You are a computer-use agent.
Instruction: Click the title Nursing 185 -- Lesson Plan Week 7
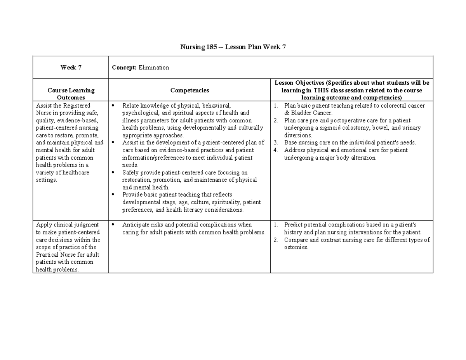click(x=233, y=47)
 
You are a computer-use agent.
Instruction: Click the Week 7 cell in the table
click(x=71, y=68)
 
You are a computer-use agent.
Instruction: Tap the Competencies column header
click(x=190, y=90)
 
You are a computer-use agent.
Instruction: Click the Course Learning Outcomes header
click(x=71, y=94)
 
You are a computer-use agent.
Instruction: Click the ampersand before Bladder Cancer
click(x=286, y=113)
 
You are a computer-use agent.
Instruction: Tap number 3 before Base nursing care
click(x=275, y=143)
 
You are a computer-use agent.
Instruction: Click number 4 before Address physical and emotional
click(x=275, y=150)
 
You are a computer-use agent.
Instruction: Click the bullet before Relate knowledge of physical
click(x=113, y=106)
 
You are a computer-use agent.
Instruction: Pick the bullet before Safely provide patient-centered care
click(x=113, y=172)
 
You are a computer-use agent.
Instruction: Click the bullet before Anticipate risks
click(x=113, y=225)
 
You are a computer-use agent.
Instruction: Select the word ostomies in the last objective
click(x=296, y=247)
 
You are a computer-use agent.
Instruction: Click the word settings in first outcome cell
click(x=46, y=180)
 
